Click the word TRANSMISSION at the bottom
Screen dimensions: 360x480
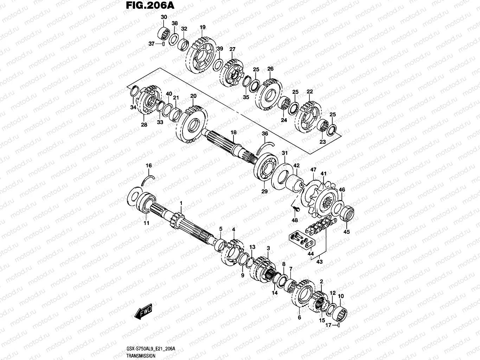(x=141, y=356)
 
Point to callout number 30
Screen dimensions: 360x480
(x=164, y=17)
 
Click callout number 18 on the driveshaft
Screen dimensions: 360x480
(x=233, y=132)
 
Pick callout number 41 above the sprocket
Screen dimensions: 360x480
(x=324, y=174)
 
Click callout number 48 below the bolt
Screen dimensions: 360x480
(x=295, y=220)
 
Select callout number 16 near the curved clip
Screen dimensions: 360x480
(x=149, y=166)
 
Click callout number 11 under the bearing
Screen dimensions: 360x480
(x=146, y=223)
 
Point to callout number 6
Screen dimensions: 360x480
(x=299, y=317)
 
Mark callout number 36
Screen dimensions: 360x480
(x=265, y=134)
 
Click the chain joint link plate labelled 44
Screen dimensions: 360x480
(x=309, y=242)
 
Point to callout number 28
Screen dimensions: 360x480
(x=144, y=125)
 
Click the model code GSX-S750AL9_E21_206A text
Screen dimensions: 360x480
(x=151, y=349)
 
